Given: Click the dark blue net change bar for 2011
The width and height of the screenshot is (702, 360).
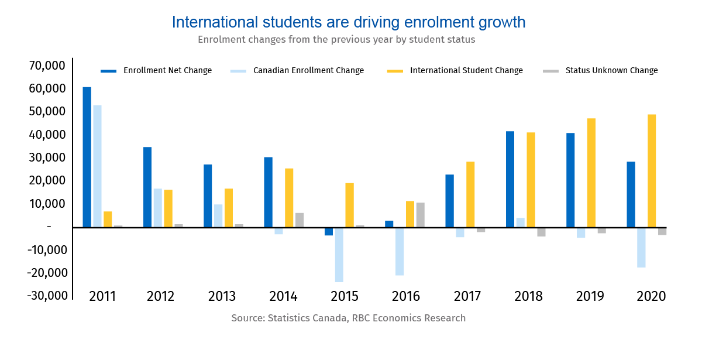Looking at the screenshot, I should click(x=87, y=157).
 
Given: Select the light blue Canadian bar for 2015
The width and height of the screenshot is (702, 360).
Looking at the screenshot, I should click(x=339, y=255).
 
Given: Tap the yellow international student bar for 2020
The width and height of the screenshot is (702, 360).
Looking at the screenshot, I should click(x=652, y=170).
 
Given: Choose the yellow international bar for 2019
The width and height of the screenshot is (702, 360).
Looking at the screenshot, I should click(x=591, y=173).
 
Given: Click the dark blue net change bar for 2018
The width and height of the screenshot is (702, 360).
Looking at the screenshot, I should click(x=510, y=179).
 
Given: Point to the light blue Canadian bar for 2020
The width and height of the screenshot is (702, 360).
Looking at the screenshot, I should click(x=641, y=247).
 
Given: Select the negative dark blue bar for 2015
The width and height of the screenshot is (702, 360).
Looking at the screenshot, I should click(x=329, y=231).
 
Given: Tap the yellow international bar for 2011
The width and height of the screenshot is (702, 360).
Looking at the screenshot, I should click(x=108, y=219).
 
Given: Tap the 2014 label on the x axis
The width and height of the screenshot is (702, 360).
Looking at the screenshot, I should click(x=283, y=296).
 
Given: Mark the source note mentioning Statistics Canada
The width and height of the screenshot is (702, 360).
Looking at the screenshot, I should click(x=349, y=318).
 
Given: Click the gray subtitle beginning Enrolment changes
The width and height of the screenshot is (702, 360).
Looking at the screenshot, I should click(x=336, y=40).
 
